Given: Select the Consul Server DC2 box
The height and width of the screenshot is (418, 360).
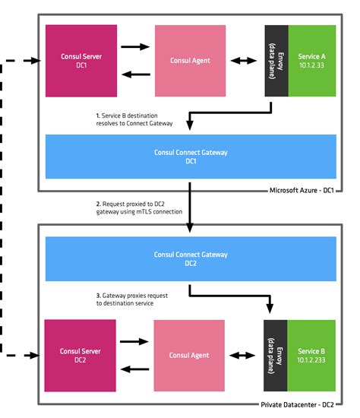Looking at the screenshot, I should point(80,355).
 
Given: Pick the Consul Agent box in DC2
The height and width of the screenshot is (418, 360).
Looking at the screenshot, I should point(190,355).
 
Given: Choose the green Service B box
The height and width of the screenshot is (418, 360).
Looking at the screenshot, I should point(311,355).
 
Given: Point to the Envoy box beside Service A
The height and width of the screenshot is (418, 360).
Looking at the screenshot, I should point(276,61).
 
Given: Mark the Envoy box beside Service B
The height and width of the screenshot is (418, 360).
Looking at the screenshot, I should point(275,355).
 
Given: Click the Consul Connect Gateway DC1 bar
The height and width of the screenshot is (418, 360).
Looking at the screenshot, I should point(191,157).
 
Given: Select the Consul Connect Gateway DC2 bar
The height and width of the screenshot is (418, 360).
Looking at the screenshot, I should point(191,259).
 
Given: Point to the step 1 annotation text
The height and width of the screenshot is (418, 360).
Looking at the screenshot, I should point(134,119).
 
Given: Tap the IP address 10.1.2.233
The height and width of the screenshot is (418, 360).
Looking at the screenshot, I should point(311,360).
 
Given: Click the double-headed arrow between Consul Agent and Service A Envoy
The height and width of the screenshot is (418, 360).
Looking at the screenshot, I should point(245,61).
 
